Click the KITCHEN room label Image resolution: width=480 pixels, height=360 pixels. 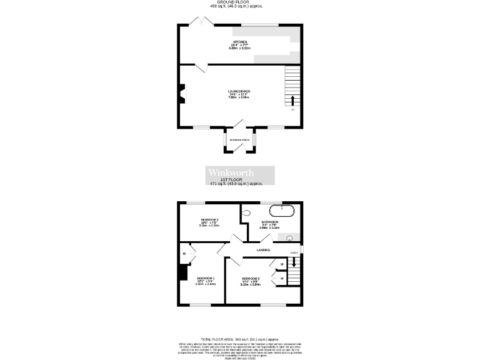(240, 42)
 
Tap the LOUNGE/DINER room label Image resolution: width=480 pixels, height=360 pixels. (239, 91)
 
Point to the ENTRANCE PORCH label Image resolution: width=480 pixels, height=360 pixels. (240, 140)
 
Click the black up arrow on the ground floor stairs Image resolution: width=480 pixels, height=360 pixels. (292, 101)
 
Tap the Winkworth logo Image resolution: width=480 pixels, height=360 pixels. (241, 172)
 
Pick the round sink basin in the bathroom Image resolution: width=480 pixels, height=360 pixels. (290, 238)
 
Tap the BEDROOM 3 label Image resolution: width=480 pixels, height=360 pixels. (209, 219)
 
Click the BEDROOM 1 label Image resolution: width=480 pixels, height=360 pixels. (206, 278)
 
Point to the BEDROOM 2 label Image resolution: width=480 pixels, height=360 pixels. (251, 278)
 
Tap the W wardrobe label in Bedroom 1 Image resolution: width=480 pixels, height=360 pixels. (184, 254)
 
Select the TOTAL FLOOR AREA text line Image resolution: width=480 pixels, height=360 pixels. (240, 337)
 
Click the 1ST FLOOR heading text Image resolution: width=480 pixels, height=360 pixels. (240, 180)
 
